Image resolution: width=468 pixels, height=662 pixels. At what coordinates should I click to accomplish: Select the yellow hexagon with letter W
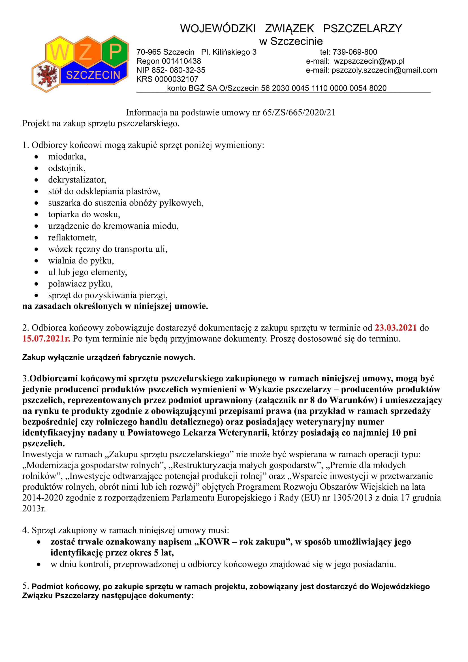pyautogui.click(x=60, y=52)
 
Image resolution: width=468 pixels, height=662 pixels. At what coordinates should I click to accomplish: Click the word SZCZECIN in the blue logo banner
pyautogui.click(x=93, y=75)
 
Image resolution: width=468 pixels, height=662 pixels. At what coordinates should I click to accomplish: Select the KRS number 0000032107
pyautogui.click(x=176, y=79)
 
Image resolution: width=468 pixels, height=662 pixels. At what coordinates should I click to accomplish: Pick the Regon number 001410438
pyautogui.click(x=181, y=61)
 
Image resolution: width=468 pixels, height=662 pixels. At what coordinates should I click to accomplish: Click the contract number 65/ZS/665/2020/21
pyautogui.click(x=299, y=112)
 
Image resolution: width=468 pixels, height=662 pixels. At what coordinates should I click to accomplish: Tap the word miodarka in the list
pyautogui.click(x=67, y=157)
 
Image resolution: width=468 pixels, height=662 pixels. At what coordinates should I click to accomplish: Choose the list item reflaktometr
pyautogui.click(x=72, y=237)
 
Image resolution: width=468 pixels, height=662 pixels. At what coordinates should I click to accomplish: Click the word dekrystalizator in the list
pyautogui.click(x=77, y=180)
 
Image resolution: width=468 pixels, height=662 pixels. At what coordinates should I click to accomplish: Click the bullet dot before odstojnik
pyautogui.click(x=36, y=168)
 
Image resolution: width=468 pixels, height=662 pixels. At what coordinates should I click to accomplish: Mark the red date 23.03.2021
pyautogui.click(x=395, y=327)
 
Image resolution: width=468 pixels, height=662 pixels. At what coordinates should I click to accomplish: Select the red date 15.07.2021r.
pyautogui.click(x=46, y=339)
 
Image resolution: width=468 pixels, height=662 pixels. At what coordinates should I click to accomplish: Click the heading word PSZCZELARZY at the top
pyautogui.click(x=362, y=29)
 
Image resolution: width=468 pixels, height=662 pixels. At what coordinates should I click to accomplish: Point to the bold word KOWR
pyautogui.click(x=214, y=542)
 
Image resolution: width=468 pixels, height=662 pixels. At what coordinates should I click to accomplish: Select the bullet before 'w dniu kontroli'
pyautogui.click(x=39, y=564)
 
